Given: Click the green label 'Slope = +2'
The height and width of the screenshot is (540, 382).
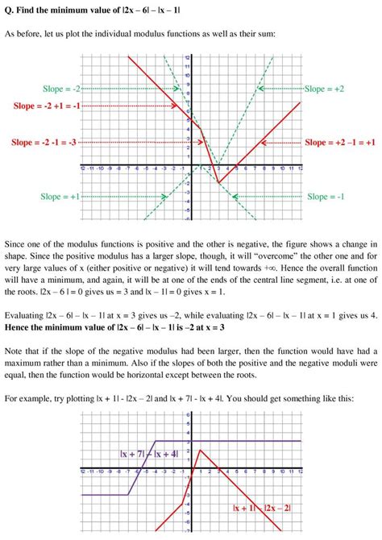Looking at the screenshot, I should point(325,88).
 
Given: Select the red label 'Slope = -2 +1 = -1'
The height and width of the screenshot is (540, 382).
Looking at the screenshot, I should point(48,106).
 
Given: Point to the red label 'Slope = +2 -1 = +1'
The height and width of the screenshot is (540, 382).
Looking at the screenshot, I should point(339,143).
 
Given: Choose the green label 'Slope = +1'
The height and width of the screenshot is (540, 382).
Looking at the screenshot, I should point(60,197).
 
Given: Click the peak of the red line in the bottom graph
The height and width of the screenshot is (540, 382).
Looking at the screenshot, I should point(200,451).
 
